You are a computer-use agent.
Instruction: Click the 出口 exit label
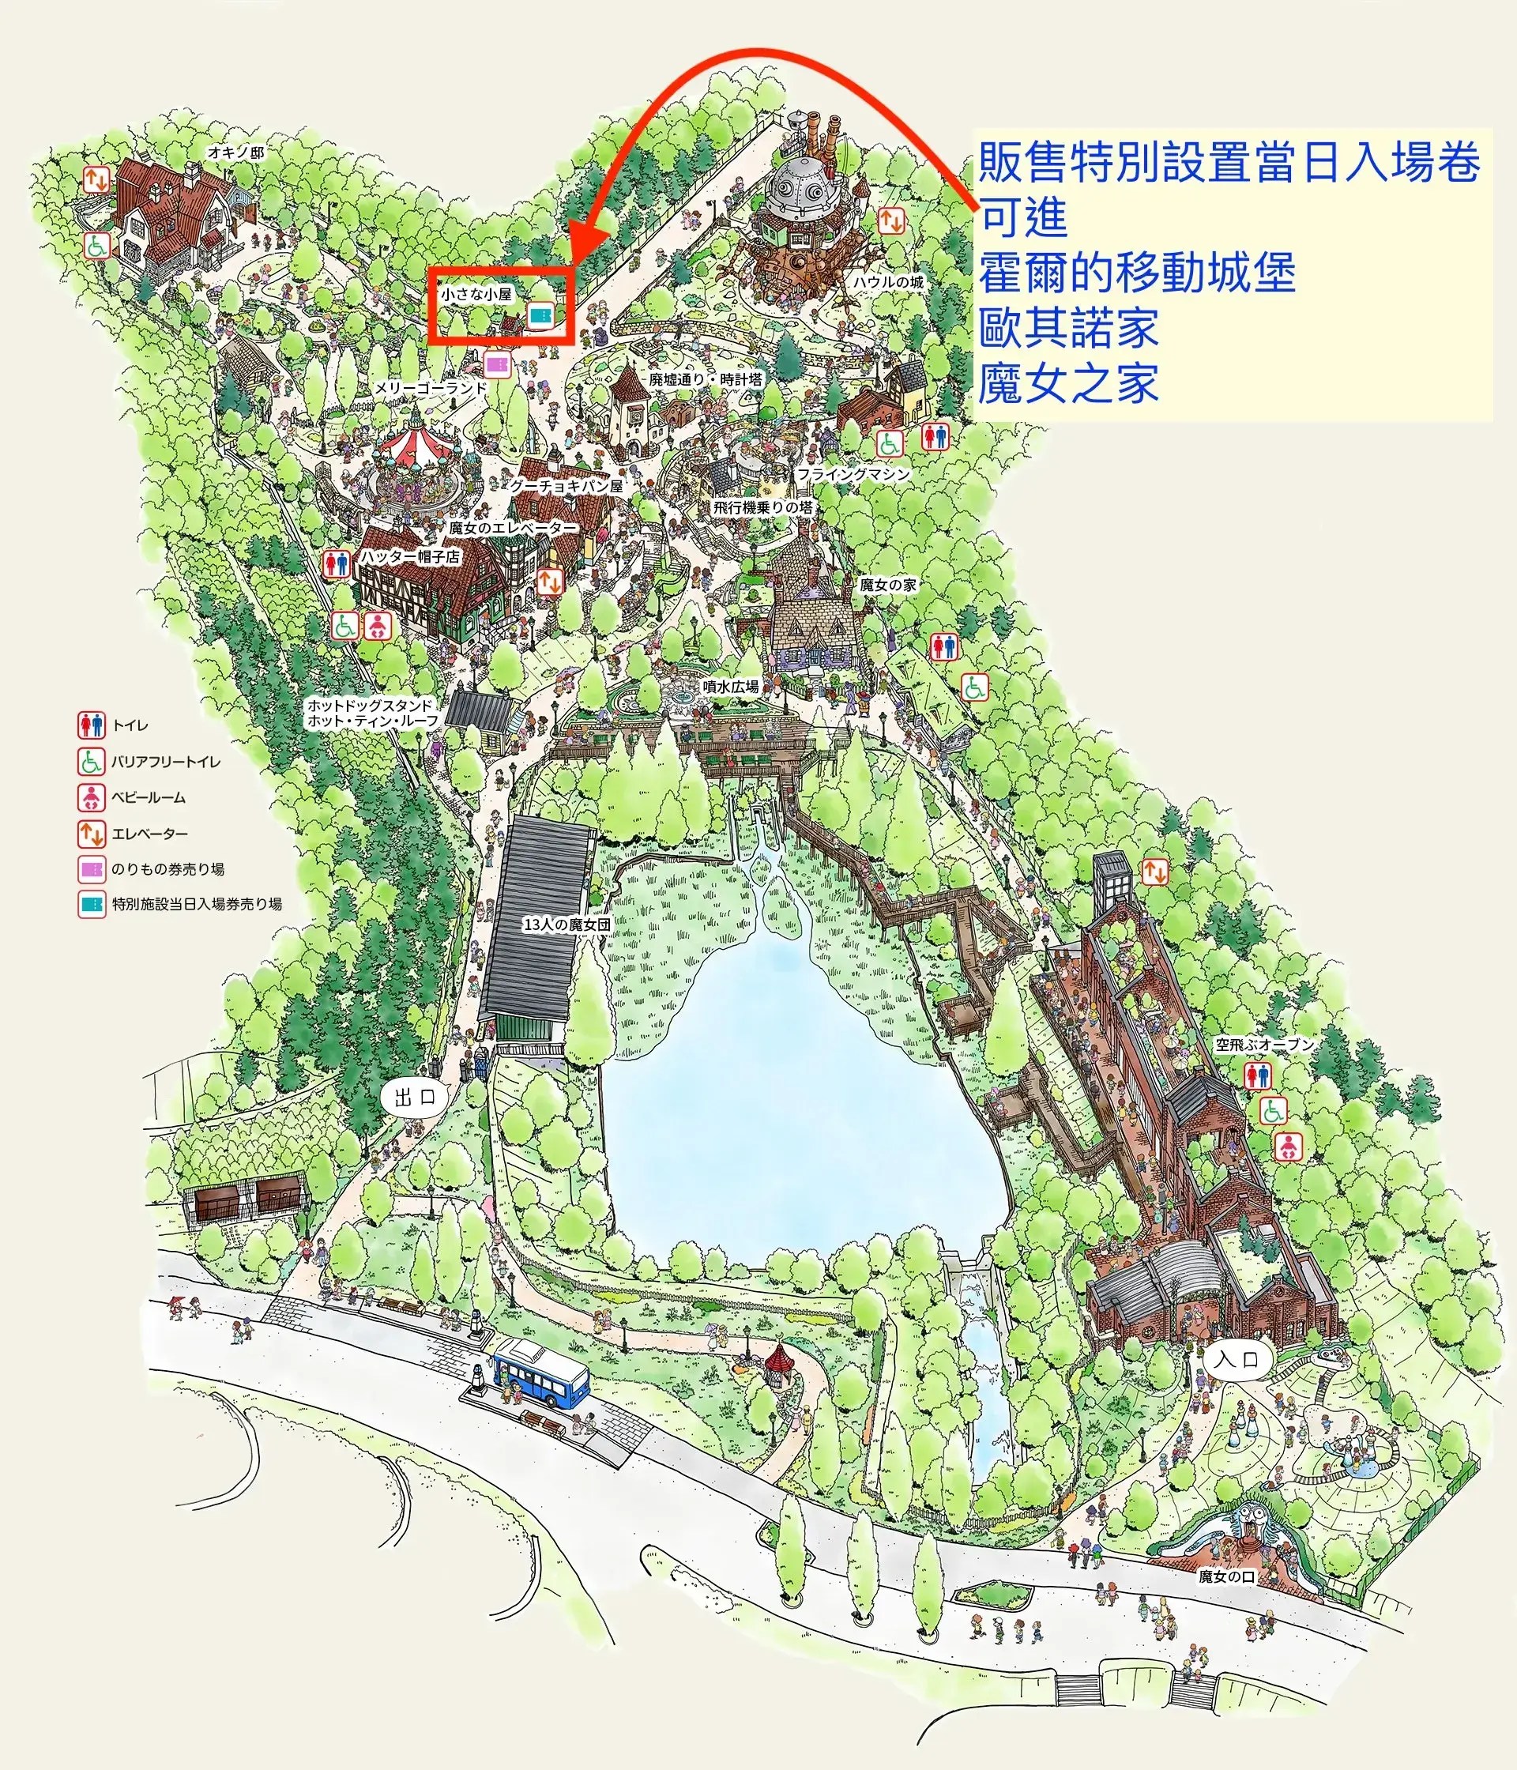click(416, 1096)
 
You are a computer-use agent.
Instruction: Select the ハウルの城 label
click(888, 282)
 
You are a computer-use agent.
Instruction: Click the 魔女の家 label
click(888, 584)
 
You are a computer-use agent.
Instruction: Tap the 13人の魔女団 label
click(567, 925)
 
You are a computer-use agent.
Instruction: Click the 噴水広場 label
click(730, 686)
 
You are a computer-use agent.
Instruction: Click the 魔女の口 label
click(1226, 1576)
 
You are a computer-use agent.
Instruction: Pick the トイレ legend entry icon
click(92, 725)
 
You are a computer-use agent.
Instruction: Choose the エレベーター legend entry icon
click(92, 833)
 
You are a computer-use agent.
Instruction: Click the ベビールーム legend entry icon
click(92, 797)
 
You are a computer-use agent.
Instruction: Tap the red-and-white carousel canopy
click(420, 443)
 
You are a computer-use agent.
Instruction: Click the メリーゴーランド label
click(431, 388)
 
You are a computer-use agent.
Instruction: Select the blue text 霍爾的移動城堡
click(1137, 273)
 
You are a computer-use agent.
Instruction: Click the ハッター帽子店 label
click(409, 557)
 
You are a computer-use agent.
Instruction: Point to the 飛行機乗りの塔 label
click(762, 507)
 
